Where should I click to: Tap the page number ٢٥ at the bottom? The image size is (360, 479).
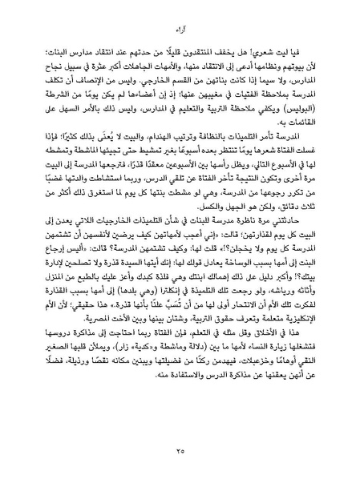pyautogui.click(x=180, y=452)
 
